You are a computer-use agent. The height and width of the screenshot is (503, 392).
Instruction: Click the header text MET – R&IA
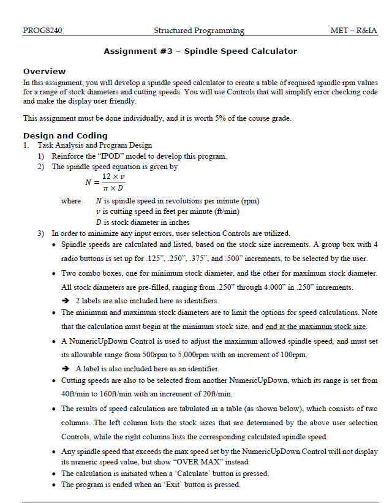pyautogui.click(x=353, y=31)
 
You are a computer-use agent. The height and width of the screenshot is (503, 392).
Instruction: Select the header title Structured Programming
pyautogui.click(x=198, y=31)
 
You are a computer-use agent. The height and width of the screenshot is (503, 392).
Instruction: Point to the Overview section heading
pyautogui.click(x=44, y=71)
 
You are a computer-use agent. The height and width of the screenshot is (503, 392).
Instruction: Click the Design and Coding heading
pyautogui.click(x=65, y=135)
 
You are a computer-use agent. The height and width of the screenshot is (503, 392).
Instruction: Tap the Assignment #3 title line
pyautogui.click(x=200, y=51)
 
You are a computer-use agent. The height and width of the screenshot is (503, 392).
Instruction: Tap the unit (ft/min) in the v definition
pyautogui.click(x=225, y=211)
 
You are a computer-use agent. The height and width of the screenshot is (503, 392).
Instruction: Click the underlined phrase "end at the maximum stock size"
pyautogui.click(x=316, y=327)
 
